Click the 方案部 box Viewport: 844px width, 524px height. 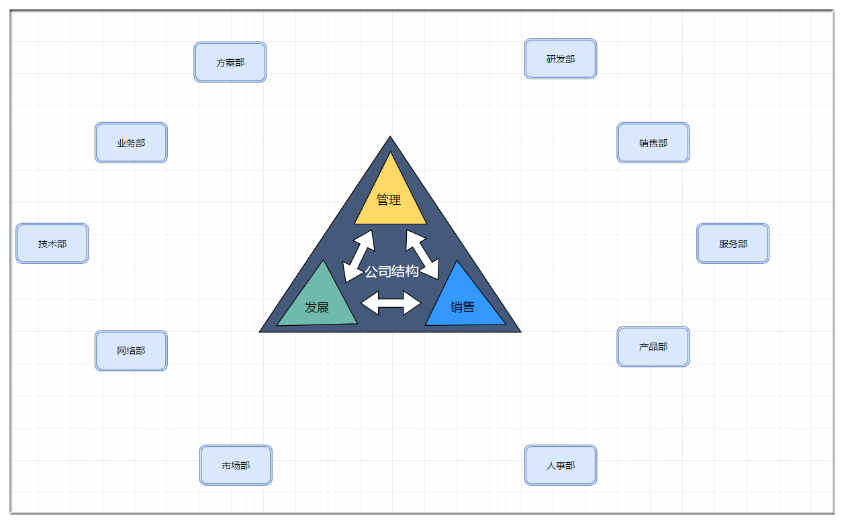(x=230, y=62)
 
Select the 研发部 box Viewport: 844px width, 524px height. (x=561, y=59)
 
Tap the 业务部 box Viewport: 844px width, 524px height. (x=131, y=143)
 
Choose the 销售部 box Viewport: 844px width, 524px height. (x=653, y=143)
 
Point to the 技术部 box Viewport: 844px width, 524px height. (x=52, y=244)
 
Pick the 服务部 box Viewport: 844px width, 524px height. (x=733, y=244)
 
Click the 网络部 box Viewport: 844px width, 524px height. (x=131, y=351)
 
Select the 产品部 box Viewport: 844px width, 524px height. (x=653, y=347)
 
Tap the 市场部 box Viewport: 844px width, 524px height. (x=236, y=466)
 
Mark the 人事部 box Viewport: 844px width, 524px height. (x=561, y=466)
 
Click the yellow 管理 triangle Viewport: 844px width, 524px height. (x=390, y=208)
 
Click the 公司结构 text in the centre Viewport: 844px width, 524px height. (x=392, y=271)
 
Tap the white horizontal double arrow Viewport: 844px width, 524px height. (x=391, y=303)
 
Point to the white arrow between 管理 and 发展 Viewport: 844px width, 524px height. (x=359, y=256)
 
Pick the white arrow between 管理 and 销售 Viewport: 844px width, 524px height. (x=422, y=255)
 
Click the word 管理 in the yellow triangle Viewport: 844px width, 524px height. (x=389, y=200)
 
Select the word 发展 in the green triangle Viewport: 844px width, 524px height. (x=317, y=308)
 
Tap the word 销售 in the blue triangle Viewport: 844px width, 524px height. (x=463, y=308)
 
